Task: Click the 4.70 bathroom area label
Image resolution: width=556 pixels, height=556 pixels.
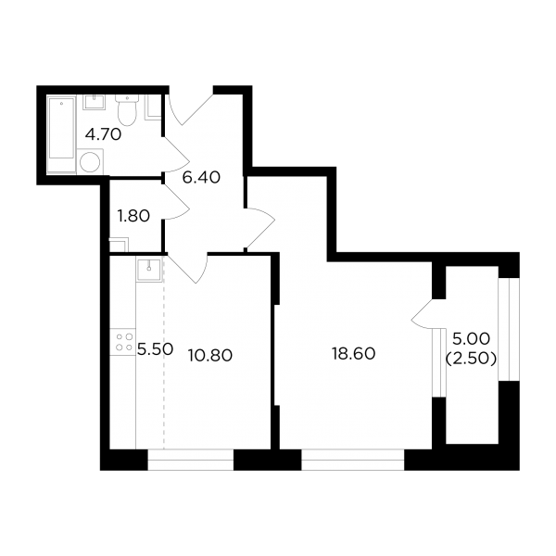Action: tap(104, 134)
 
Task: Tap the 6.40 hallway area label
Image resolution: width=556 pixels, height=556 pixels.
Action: tap(201, 177)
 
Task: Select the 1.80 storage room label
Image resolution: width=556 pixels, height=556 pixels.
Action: tap(133, 216)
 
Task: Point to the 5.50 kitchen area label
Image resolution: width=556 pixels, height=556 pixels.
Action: tap(156, 349)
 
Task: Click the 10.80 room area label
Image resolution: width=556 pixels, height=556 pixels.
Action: tap(210, 355)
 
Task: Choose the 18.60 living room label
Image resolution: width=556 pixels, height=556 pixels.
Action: tap(354, 354)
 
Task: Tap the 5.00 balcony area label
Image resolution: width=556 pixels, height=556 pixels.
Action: tap(472, 338)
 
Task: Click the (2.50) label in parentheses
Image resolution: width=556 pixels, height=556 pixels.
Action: tap(471, 360)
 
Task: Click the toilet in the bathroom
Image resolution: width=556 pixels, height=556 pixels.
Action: tap(127, 109)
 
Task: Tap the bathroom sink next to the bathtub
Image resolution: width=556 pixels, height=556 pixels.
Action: tap(95, 103)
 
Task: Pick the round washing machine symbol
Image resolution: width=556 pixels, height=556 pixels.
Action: tap(90, 162)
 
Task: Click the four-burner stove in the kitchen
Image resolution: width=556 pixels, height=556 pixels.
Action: tap(122, 342)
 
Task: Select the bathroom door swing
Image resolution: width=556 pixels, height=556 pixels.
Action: tap(177, 155)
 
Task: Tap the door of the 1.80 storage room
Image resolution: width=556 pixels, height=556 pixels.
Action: tap(177, 201)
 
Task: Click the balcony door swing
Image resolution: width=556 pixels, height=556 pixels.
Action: tap(423, 314)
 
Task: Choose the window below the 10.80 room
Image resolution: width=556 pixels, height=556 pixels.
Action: tap(191, 460)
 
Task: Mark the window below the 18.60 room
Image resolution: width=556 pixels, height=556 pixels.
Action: tap(353, 460)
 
